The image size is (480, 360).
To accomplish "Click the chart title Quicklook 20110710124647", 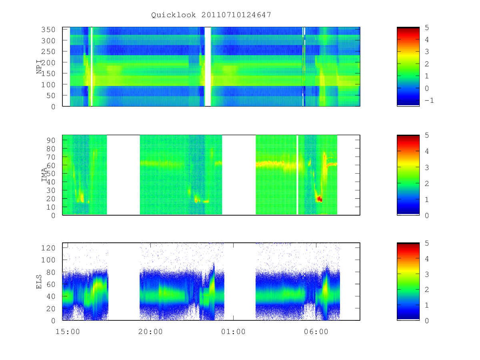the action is point(211,15).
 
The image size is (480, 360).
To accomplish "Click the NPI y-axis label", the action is point(39,67).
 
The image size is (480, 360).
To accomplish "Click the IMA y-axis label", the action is point(44,175).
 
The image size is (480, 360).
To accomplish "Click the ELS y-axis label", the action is point(39,282).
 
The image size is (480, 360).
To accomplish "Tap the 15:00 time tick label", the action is point(68,332).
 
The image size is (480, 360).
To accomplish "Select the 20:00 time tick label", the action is point(150,332).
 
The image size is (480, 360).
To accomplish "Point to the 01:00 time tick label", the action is point(233,332).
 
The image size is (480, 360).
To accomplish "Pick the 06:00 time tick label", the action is point(316,332).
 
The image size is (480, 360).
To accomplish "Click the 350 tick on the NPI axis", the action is point(48,30).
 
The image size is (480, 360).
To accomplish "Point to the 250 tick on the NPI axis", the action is point(48,52).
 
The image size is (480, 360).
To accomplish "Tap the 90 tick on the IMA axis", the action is point(51,140).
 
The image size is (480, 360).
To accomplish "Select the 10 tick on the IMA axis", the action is point(51,207).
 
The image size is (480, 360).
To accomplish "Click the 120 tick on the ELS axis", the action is point(48,248).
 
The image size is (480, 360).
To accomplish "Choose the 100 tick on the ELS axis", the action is point(48,260).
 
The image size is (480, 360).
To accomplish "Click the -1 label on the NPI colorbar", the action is point(429,100).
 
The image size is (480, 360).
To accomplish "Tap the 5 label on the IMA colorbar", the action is point(427,135).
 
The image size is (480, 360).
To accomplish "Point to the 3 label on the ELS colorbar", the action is point(427,274).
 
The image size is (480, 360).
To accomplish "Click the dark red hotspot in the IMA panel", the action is point(320,199).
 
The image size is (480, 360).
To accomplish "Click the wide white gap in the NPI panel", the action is point(208,67).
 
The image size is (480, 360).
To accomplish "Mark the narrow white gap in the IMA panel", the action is point(297,175).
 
